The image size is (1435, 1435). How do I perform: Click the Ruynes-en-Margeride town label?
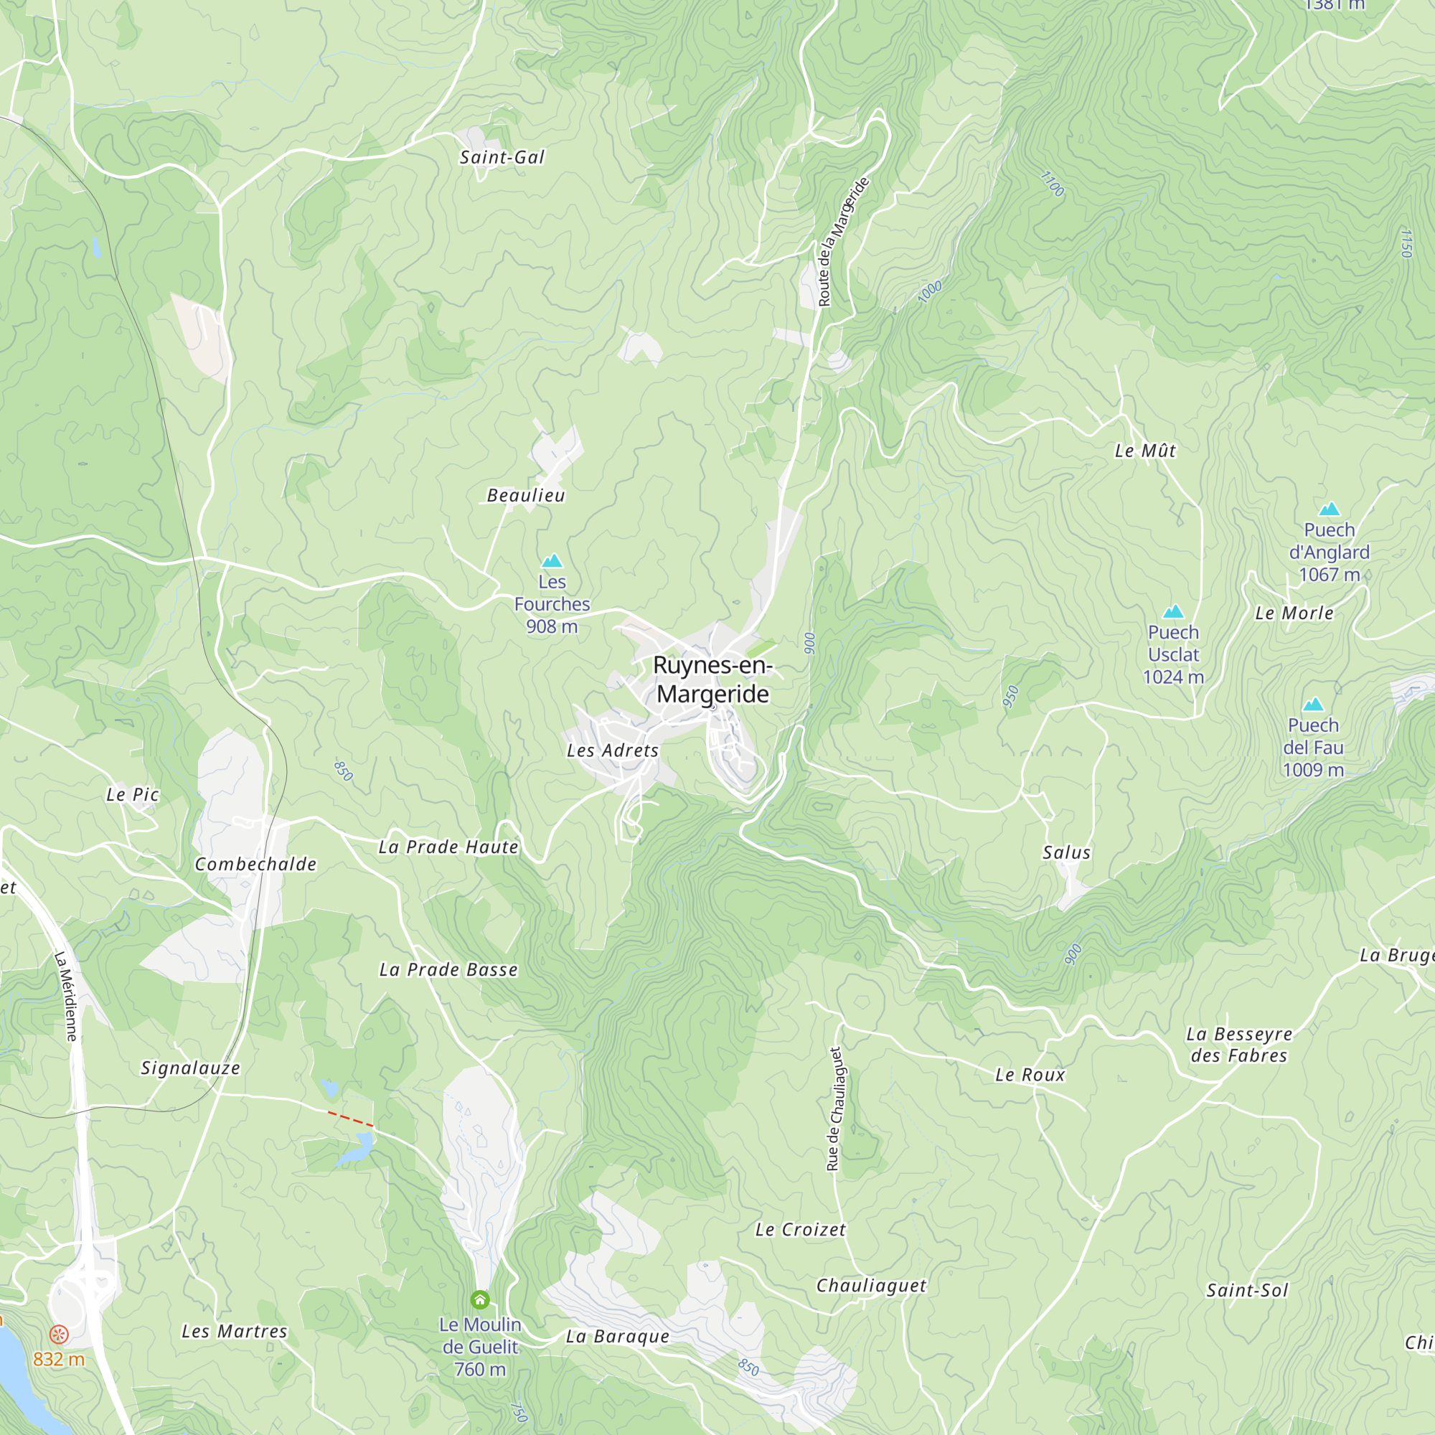[713, 679]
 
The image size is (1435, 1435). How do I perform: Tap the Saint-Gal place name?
[502, 157]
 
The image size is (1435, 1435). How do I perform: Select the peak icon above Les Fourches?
[552, 561]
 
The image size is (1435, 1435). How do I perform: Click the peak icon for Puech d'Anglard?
[1329, 509]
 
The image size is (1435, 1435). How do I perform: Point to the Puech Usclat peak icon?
[1173, 612]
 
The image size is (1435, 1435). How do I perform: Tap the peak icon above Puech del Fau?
[1313, 705]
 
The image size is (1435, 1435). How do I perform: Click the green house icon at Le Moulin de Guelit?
[480, 1299]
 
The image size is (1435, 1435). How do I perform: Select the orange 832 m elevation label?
[59, 1359]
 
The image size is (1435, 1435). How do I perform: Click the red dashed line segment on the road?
[351, 1119]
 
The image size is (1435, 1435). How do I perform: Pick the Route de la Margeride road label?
[842, 242]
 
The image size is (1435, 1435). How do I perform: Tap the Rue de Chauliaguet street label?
[835, 1110]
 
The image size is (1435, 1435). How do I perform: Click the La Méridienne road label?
[66, 995]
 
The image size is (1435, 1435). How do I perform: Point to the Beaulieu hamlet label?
[526, 495]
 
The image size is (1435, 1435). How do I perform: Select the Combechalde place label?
[255, 865]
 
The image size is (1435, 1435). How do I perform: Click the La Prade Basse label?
[448, 970]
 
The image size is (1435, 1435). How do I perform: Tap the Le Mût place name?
[1145, 451]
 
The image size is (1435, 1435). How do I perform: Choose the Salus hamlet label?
[1067, 852]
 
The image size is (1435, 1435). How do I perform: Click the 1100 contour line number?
[1052, 184]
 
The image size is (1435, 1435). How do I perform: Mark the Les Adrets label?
[613, 751]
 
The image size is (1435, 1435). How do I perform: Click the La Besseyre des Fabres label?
[1239, 1044]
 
